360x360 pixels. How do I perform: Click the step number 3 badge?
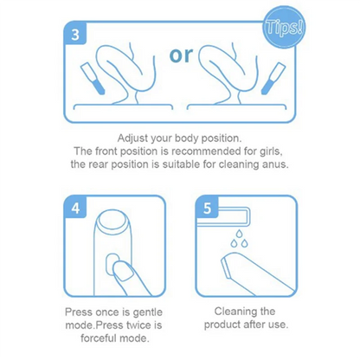(x=75, y=34)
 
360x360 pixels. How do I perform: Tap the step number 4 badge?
(x=75, y=207)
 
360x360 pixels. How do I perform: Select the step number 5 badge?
(x=207, y=207)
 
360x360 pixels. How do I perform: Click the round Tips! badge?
(x=283, y=29)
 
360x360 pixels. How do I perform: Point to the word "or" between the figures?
(x=181, y=55)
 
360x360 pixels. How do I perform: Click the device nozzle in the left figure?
(x=92, y=78)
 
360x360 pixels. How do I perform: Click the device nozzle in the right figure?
(x=273, y=78)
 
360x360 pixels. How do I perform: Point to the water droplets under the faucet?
(x=239, y=240)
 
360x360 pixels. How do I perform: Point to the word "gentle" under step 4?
(x=147, y=312)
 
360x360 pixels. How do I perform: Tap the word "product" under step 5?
(x=222, y=325)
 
